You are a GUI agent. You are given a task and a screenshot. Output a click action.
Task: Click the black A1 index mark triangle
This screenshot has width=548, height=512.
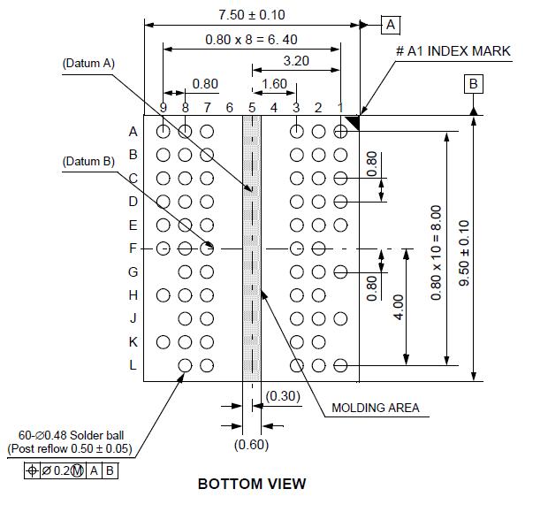point(354,121)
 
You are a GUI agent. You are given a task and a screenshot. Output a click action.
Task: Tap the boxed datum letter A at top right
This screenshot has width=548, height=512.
point(391,25)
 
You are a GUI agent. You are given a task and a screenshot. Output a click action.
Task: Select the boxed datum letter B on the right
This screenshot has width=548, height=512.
point(474,84)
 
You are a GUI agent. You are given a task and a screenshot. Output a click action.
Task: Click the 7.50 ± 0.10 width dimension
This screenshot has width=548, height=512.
point(252,15)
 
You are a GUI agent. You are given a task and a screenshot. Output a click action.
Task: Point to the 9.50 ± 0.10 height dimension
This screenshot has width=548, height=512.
point(464,253)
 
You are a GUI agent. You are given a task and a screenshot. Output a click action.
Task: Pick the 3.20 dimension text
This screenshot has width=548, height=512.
point(296,61)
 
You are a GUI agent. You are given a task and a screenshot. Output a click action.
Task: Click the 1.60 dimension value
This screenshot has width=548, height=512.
point(274,84)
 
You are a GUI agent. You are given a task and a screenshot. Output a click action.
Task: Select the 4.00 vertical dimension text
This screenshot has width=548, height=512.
point(399,308)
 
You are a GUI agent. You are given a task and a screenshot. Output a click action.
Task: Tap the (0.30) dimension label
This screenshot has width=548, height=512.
point(283,396)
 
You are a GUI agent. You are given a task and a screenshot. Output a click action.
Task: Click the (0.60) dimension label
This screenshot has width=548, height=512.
point(252,445)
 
